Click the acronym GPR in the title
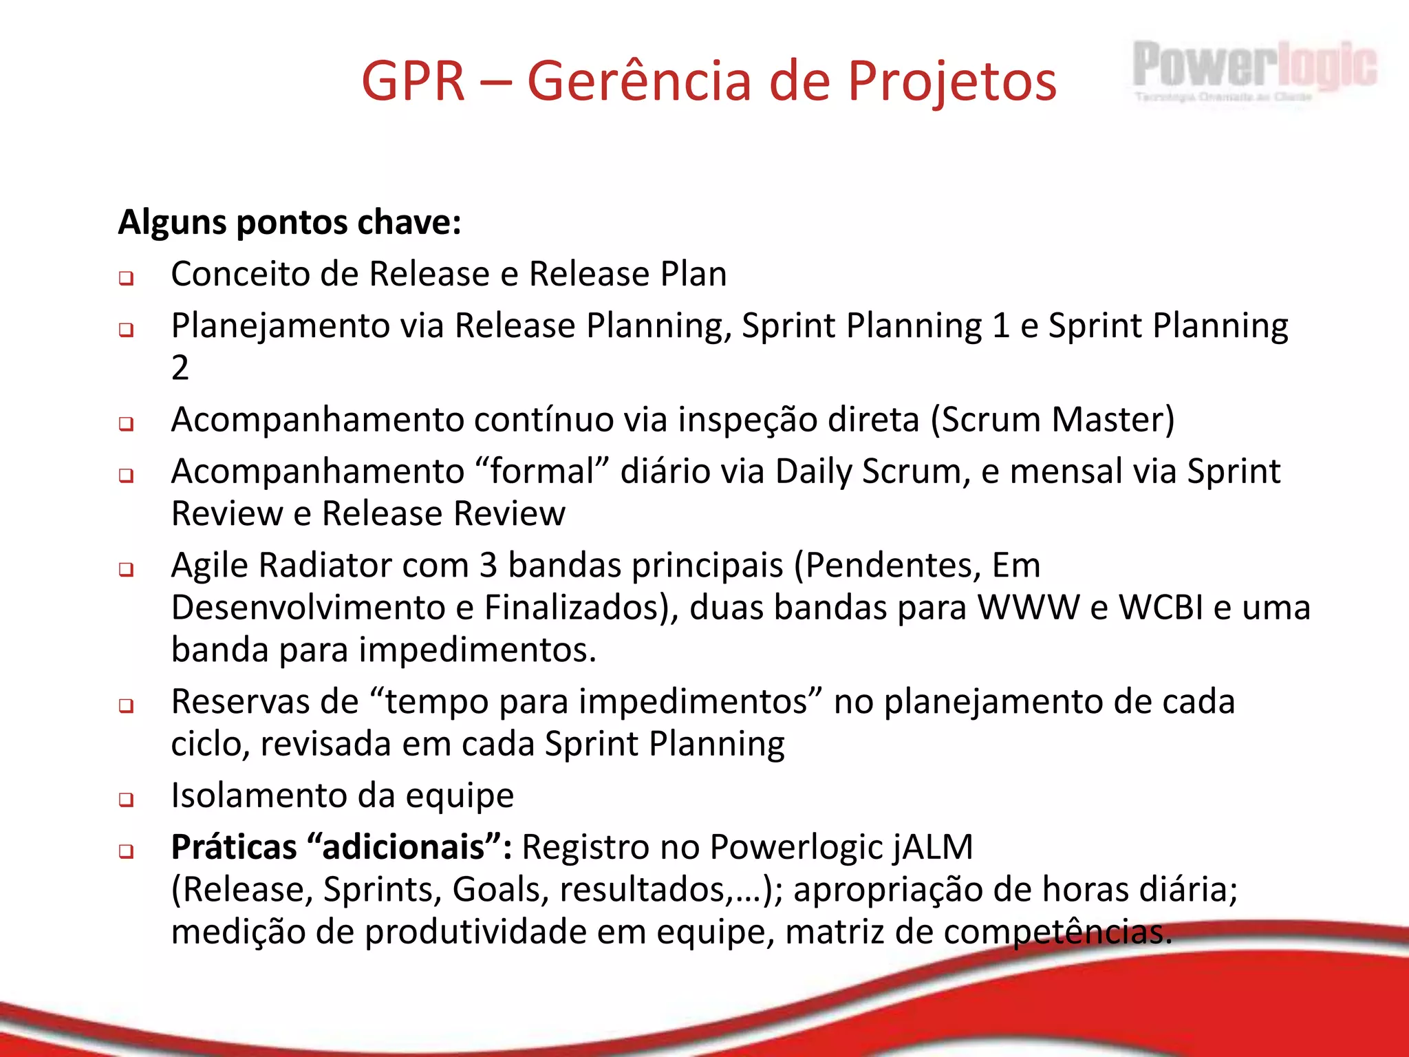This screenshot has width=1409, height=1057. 413,81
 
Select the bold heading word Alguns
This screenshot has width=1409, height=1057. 172,223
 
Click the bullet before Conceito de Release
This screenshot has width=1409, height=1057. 126,279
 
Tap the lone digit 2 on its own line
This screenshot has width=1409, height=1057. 180,368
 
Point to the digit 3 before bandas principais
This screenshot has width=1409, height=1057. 488,566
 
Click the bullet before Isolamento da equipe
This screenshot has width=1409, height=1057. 126,800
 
